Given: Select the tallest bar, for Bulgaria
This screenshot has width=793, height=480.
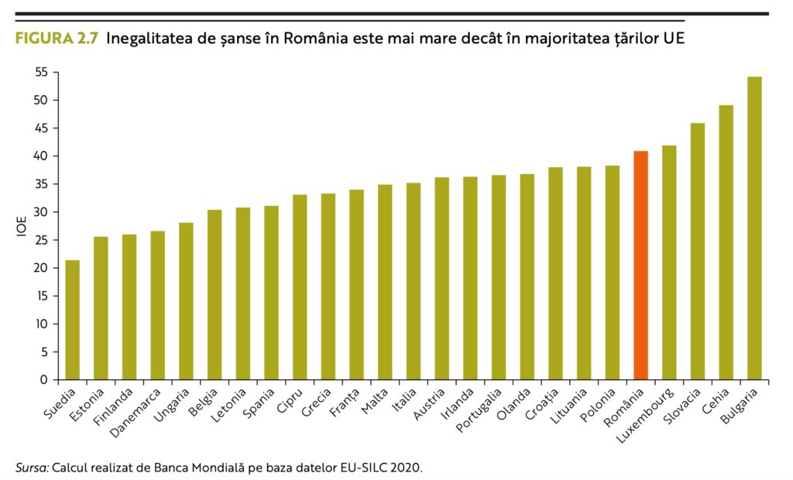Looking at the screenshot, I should [754, 228].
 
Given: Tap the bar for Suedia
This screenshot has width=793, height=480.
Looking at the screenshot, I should [72, 320].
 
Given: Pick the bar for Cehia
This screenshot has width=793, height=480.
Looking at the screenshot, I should [726, 242].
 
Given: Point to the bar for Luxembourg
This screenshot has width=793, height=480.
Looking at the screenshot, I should [669, 262].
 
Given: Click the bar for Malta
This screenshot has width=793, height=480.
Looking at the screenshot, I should [385, 282].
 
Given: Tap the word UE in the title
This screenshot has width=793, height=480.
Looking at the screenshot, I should [674, 38].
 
